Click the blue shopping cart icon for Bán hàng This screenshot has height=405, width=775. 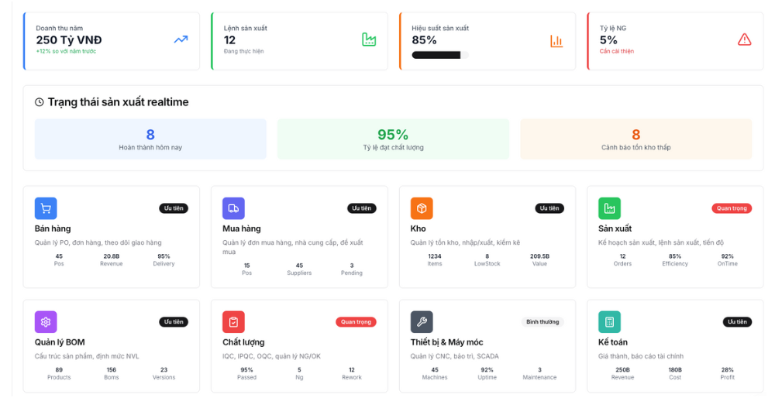[46, 208]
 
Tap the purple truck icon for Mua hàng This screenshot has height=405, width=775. [233, 208]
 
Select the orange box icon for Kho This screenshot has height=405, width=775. [422, 208]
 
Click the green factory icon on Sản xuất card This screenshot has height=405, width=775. [609, 208]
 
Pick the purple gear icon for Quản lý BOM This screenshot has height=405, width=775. [46, 322]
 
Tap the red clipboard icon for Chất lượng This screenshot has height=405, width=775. [233, 322]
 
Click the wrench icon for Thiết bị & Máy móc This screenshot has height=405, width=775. [422, 322]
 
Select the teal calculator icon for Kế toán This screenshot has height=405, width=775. [609, 322]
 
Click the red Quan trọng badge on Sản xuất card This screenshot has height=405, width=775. [732, 208]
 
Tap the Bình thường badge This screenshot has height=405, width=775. [542, 322]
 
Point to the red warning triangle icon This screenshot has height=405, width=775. [744, 39]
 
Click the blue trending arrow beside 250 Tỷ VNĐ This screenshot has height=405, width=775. [181, 39]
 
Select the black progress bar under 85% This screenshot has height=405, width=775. [436, 55]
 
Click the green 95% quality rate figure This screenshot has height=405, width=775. [393, 134]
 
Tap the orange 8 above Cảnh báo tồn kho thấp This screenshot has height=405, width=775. [636, 134]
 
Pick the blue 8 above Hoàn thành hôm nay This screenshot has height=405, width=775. [150, 134]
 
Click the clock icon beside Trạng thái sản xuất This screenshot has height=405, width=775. [39, 102]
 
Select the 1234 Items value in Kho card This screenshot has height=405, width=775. [435, 256]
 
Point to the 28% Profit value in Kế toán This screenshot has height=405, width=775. [727, 370]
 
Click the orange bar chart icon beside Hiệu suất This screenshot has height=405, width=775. [556, 41]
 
